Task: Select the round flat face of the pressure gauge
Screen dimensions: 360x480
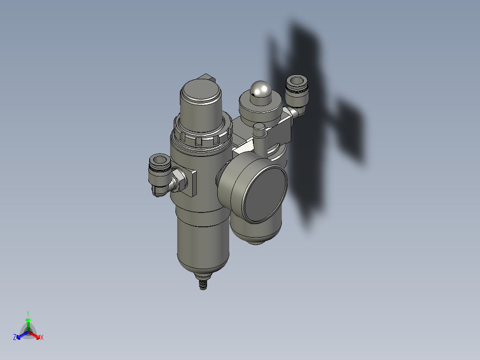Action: [x=264, y=194]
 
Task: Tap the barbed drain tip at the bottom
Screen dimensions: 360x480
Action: [x=203, y=283]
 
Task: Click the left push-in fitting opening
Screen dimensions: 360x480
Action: [x=159, y=160]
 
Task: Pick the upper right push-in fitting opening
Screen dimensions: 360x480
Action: [x=296, y=82]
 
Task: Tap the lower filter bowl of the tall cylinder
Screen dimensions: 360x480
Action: [x=203, y=245]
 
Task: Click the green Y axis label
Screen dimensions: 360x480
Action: [x=28, y=313]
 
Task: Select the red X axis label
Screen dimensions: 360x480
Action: [x=42, y=338]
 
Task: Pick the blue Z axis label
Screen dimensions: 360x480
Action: [x=15, y=337]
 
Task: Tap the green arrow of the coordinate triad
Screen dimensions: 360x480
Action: [x=28, y=323]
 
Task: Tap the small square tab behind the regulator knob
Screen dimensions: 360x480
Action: [x=207, y=78]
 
